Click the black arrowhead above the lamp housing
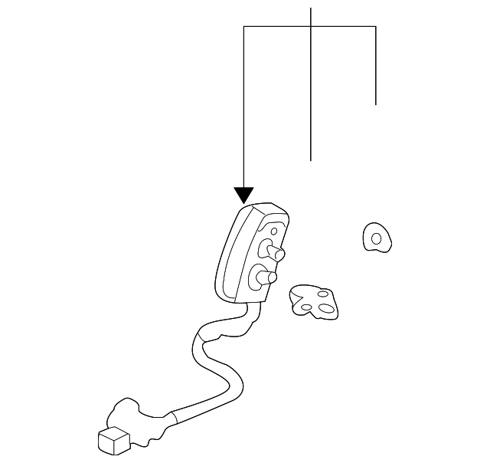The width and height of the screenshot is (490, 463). (243, 195)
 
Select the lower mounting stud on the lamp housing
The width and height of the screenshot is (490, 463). (268, 276)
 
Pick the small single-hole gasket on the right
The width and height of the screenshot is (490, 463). (376, 238)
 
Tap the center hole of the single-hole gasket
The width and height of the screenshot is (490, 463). (376, 238)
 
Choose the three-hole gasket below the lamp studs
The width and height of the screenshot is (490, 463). (314, 302)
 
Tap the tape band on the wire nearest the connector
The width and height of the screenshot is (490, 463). (173, 418)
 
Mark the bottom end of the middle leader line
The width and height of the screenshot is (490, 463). (311, 160)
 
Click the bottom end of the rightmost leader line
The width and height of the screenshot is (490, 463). (376, 103)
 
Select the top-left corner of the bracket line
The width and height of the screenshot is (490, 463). (243, 27)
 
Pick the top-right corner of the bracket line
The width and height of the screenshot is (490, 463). (376, 27)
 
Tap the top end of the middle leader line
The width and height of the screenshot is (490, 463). (311, 8)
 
